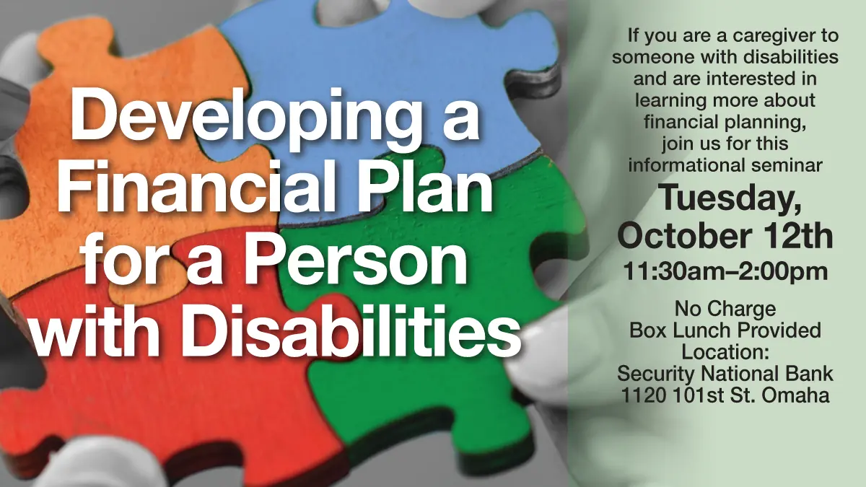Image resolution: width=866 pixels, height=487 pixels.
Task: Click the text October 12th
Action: (x=725, y=234)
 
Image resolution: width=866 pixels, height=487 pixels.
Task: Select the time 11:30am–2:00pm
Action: (x=725, y=272)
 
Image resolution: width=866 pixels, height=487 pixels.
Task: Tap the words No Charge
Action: (x=725, y=309)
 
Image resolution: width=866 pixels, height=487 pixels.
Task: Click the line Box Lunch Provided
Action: (x=725, y=330)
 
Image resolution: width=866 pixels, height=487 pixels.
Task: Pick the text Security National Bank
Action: (x=725, y=374)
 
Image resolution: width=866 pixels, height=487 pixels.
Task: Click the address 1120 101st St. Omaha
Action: (x=725, y=395)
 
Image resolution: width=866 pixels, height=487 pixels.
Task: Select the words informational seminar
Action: (x=725, y=164)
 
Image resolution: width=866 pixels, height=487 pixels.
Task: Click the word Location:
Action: (x=725, y=352)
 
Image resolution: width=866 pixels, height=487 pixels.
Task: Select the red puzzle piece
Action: (x=144, y=404)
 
